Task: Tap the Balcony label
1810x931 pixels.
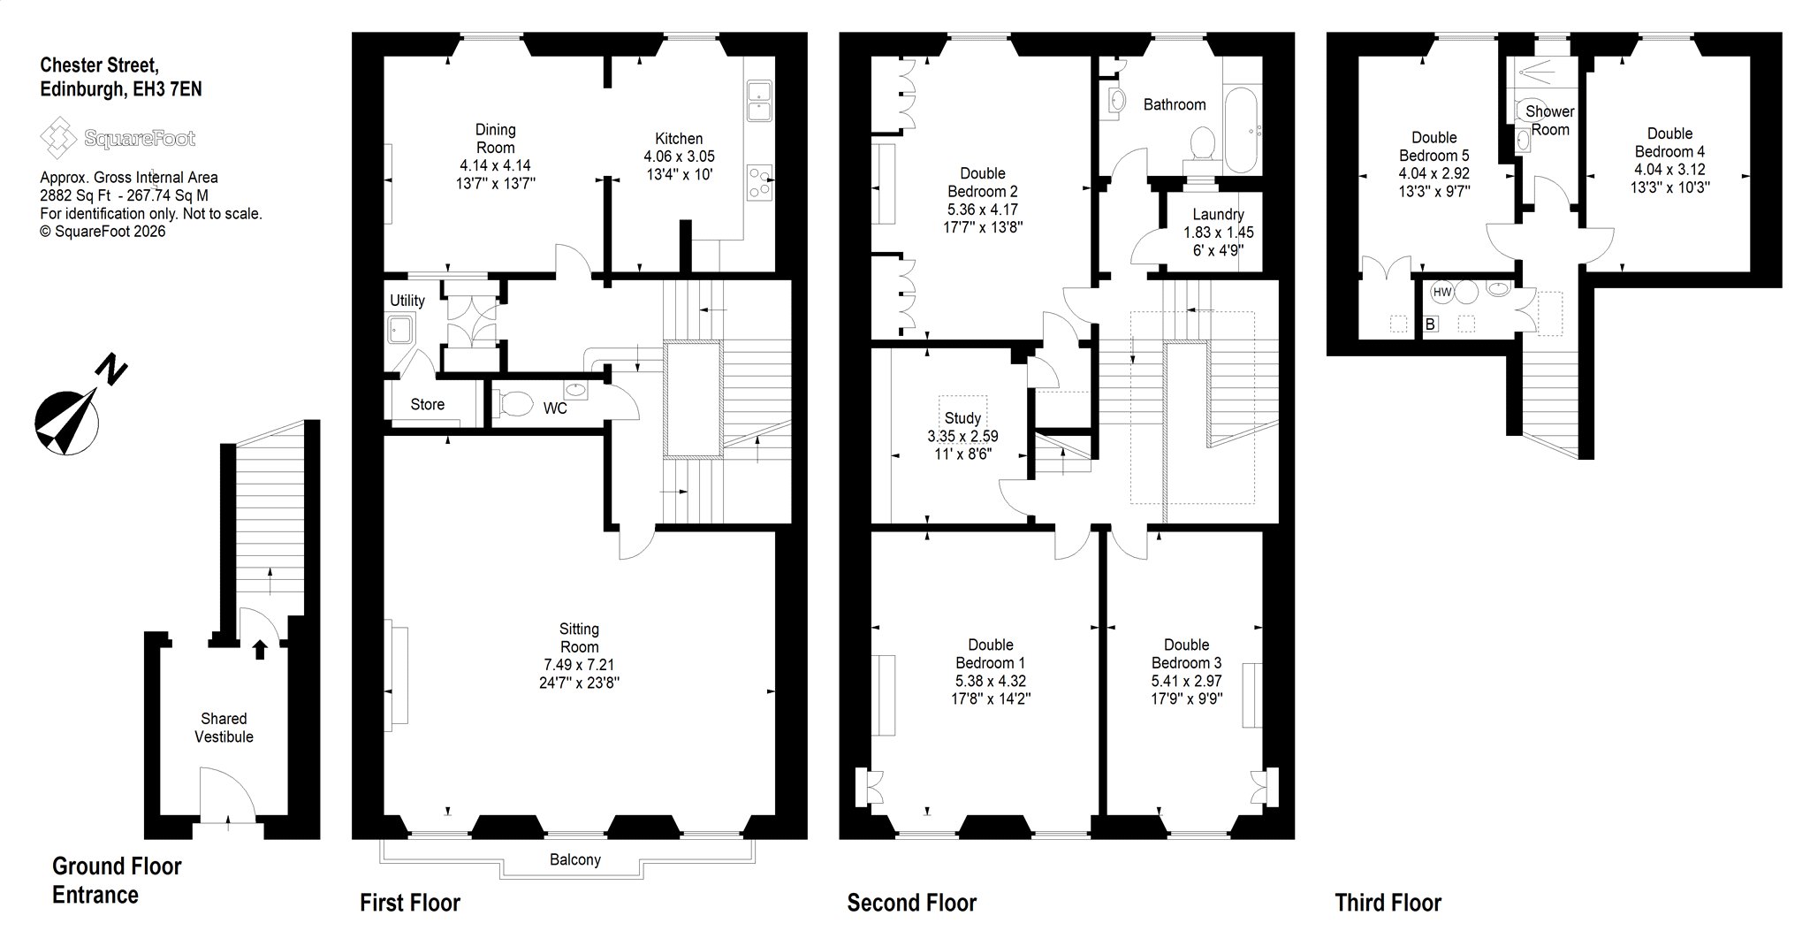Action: (575, 859)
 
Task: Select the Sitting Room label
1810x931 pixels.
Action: (579, 637)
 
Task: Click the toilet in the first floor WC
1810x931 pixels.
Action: (513, 404)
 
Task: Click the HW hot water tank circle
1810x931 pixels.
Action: (1441, 292)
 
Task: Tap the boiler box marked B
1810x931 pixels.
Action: (1430, 324)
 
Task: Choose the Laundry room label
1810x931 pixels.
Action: (1218, 214)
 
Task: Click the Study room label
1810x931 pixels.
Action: (962, 418)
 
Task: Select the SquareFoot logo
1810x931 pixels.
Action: (118, 139)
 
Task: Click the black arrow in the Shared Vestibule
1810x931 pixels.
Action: (259, 650)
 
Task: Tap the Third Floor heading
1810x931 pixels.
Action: (1388, 903)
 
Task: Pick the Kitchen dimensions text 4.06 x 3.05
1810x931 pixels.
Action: (679, 156)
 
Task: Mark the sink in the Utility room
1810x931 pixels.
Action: (403, 330)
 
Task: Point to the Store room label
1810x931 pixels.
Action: (428, 404)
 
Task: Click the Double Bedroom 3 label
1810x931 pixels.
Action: (1186, 653)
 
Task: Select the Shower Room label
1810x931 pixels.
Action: (1550, 120)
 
